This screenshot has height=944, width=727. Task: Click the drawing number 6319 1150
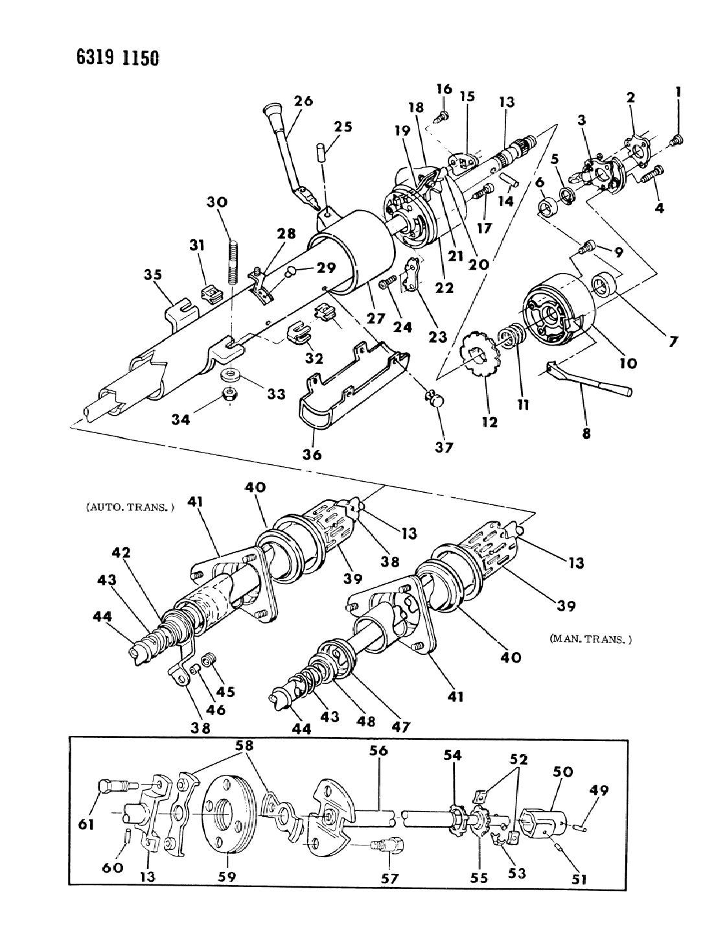pos(117,58)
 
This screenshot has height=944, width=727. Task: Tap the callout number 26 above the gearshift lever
pos(303,100)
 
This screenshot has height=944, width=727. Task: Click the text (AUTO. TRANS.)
pos(130,508)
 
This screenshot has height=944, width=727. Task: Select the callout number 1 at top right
pos(677,93)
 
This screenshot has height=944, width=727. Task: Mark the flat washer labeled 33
pos(231,374)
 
